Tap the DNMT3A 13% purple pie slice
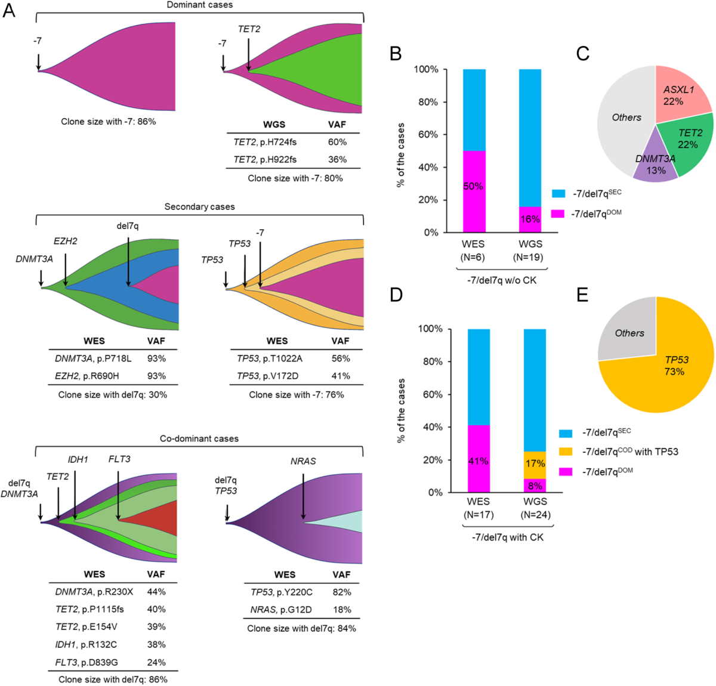click(655, 161)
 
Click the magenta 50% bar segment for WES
click(474, 191)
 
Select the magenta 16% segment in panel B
click(530, 219)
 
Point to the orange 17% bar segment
click(535, 463)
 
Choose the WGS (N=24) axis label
click(535, 508)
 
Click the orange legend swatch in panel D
click(565, 452)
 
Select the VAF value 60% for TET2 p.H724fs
click(337, 142)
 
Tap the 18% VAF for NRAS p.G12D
click(341, 610)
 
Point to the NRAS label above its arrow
click(303, 461)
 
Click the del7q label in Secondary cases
click(128, 225)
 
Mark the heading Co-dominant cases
click(199, 438)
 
